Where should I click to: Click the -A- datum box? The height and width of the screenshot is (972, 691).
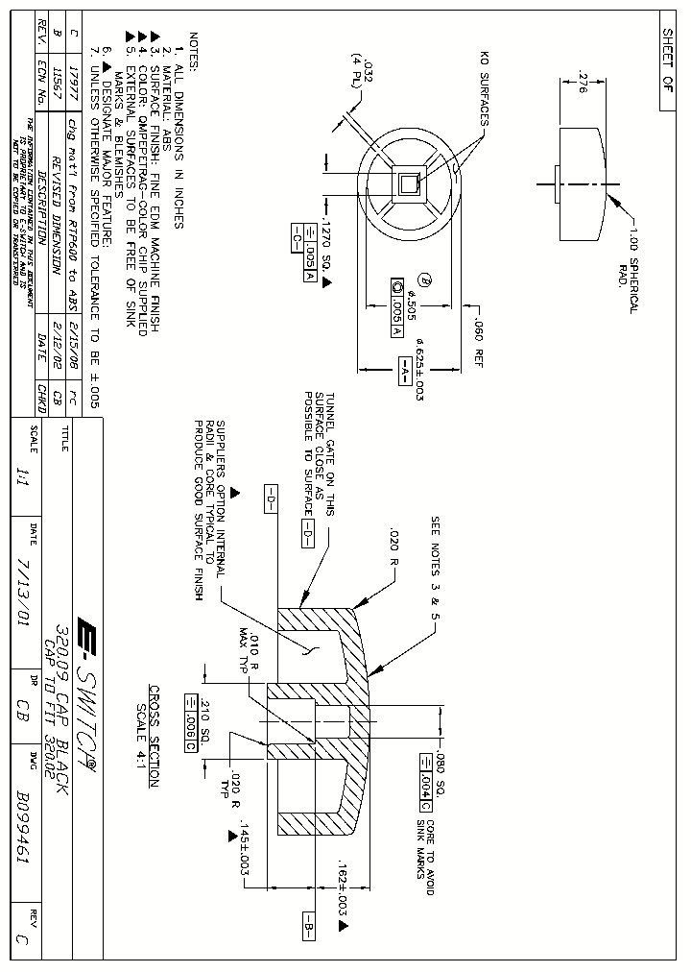click(x=404, y=369)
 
